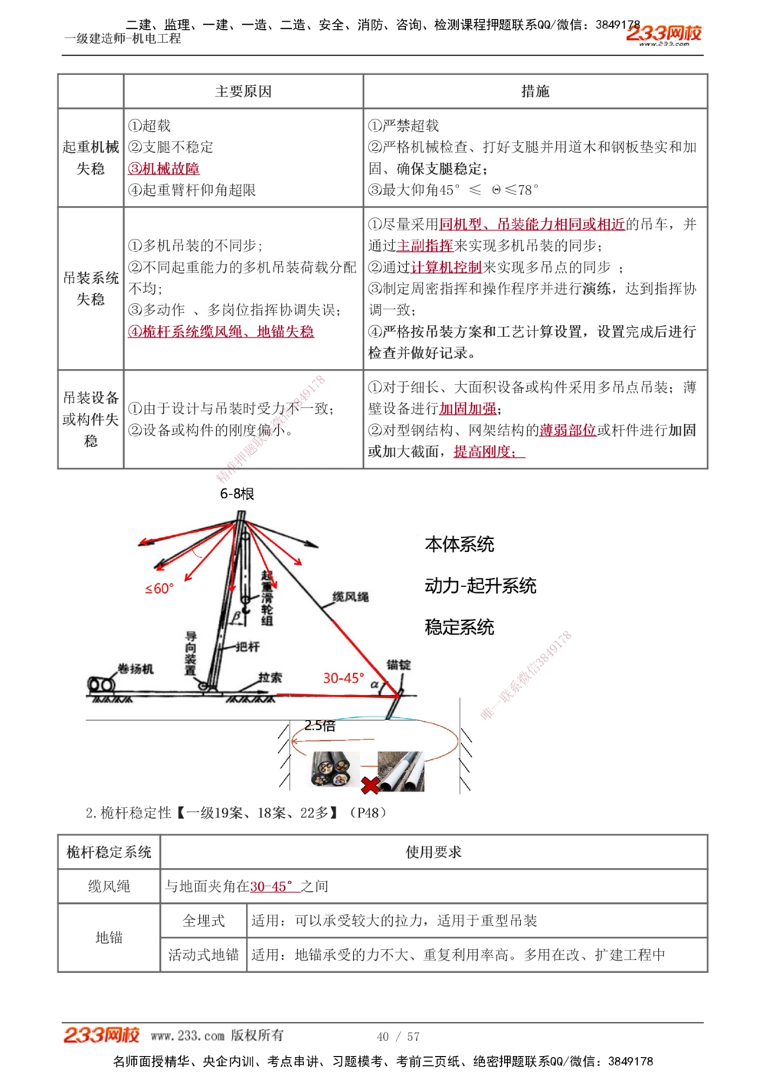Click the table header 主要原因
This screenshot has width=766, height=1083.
[244, 92]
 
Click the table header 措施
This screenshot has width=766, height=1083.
[535, 92]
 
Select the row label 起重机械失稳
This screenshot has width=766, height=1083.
[90, 158]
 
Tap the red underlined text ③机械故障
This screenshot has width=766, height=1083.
[164, 168]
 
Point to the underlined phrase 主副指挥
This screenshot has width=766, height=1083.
[425, 246]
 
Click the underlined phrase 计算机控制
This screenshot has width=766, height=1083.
[447, 267]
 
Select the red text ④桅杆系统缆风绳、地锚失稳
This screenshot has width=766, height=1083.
[221, 331]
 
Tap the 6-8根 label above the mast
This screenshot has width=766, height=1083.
[237, 494]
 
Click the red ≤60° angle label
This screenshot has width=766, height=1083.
[159, 589]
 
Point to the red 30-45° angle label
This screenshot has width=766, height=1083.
[343, 678]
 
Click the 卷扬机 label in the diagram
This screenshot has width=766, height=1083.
[136, 669]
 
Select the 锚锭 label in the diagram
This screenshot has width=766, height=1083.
[398, 664]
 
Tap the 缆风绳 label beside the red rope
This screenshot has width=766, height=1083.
[350, 596]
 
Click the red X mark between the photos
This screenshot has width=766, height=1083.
[370, 785]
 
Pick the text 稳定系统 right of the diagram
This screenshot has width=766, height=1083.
[460, 628]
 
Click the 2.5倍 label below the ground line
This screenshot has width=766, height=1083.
[319, 726]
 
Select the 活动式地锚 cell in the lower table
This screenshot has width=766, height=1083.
[204, 954]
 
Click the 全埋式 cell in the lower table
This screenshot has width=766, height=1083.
[204, 921]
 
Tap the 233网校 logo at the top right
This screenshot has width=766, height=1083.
[663, 34]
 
